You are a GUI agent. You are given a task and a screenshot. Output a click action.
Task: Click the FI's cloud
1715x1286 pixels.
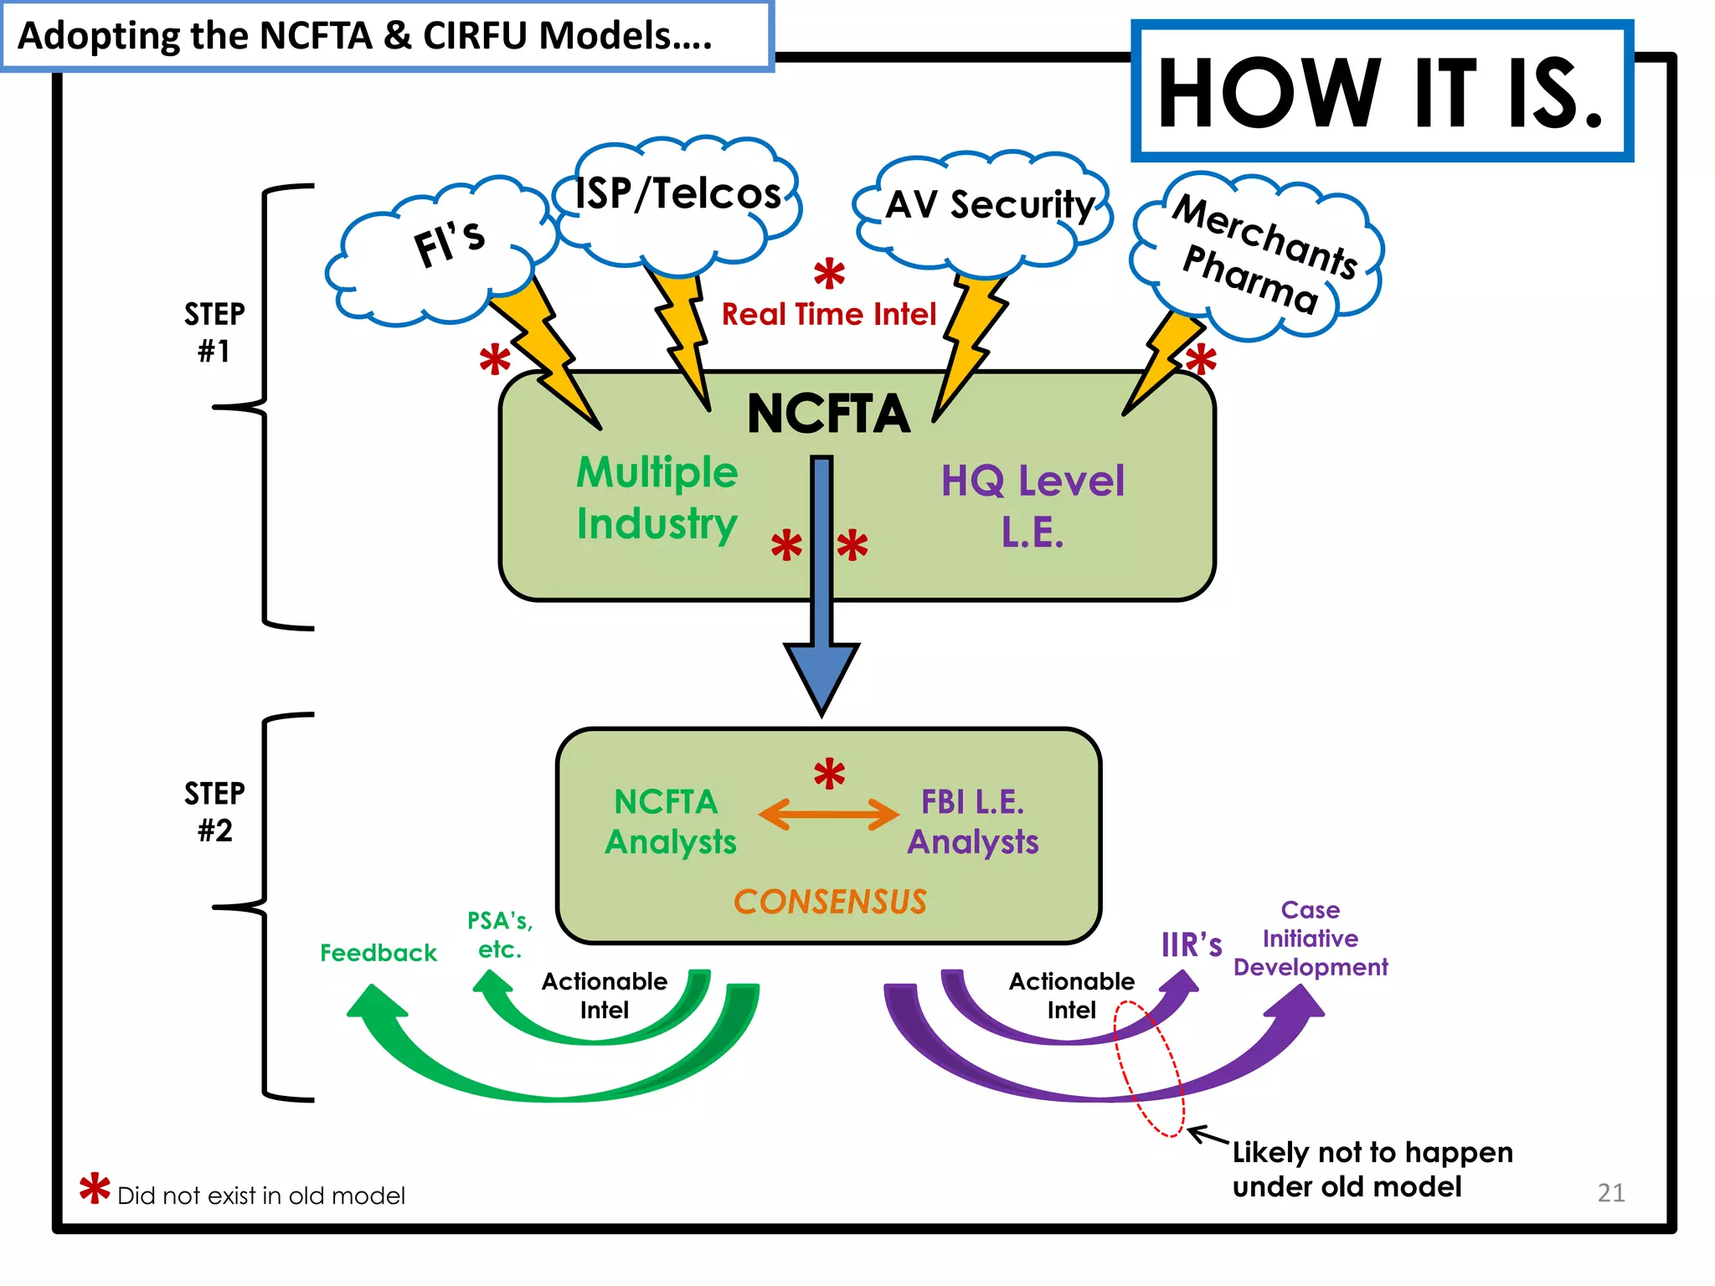pyautogui.click(x=444, y=251)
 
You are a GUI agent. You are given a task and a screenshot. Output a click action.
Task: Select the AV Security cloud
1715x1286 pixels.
pyautogui.click(x=988, y=205)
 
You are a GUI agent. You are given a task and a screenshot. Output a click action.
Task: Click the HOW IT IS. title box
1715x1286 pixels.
pyautogui.click(x=1382, y=92)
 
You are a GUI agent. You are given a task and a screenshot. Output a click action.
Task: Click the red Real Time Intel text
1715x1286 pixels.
pyautogui.click(x=829, y=315)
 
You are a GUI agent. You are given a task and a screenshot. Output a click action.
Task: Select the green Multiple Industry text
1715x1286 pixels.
pyautogui.click(x=657, y=498)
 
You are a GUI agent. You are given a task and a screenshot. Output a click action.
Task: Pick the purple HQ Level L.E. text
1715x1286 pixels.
pyautogui.click(x=1033, y=506)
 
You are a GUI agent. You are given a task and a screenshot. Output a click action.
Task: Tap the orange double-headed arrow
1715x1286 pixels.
pyautogui.click(x=828, y=814)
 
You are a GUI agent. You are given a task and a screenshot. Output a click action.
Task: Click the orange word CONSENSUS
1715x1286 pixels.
pyautogui.click(x=830, y=902)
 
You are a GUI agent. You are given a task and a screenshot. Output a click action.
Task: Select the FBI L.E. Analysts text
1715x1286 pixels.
pyautogui.click(x=972, y=821)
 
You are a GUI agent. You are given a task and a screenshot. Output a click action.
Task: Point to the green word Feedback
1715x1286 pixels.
pyautogui.click(x=379, y=953)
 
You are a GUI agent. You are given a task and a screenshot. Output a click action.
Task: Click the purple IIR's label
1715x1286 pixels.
pyautogui.click(x=1191, y=945)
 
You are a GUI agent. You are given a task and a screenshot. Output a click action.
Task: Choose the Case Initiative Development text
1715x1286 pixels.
pyautogui.click(x=1311, y=939)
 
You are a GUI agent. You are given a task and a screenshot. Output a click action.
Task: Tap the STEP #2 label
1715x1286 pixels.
pyautogui.click(x=214, y=811)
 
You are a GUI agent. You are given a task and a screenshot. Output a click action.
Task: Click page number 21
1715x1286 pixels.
pyautogui.click(x=1610, y=1192)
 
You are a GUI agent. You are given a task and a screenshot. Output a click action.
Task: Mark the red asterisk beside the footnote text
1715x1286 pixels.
pyautogui.click(x=95, y=1188)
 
